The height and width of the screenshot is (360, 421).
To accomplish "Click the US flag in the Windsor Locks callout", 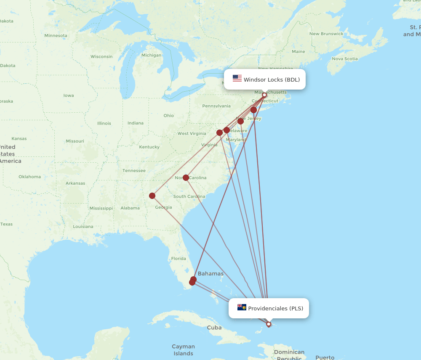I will (237, 79).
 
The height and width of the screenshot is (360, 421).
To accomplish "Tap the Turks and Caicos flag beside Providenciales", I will (242, 307).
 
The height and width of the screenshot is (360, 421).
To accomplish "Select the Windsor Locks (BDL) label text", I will (272, 79).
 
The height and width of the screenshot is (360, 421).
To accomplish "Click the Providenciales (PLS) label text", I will (275, 308).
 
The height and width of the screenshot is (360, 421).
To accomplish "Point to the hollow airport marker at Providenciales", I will (269, 324).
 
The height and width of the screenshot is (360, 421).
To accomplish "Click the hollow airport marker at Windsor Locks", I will (264, 95).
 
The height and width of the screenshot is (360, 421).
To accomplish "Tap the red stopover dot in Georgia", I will (152, 196).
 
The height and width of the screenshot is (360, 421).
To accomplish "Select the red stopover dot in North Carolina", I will (186, 177).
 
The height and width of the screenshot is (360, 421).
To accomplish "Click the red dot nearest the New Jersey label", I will (240, 121).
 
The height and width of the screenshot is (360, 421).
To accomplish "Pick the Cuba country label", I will (214, 327).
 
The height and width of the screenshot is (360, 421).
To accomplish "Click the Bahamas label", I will (210, 273).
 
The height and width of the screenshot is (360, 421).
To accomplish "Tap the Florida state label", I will (179, 258).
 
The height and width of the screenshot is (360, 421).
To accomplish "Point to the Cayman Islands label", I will (183, 350).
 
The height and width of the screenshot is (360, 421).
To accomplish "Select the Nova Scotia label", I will (345, 59).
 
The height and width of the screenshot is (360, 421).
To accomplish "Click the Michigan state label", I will (151, 55).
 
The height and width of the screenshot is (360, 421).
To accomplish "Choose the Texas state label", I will (6, 224).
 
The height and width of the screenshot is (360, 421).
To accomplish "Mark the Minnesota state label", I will (56, 35).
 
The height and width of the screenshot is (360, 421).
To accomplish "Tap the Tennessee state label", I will (134, 170).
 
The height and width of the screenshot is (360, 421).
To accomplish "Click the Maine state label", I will (298, 52).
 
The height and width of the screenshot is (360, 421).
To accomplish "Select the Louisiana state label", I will (83, 226).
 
